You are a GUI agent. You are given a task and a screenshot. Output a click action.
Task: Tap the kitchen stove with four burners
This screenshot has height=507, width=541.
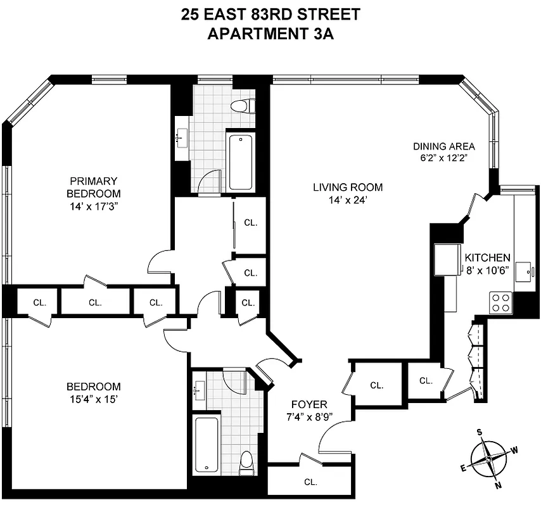pyautogui.click(x=501, y=302)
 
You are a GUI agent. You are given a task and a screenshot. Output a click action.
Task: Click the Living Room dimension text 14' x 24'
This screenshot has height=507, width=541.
pyautogui.click(x=348, y=200)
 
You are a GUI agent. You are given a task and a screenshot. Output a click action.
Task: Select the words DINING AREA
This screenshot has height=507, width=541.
pyautogui.click(x=443, y=146)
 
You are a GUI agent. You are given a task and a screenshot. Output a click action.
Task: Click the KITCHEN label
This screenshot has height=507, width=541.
pyautogui.click(x=487, y=258)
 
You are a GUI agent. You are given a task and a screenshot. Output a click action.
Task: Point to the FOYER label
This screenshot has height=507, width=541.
pyautogui.click(x=309, y=404)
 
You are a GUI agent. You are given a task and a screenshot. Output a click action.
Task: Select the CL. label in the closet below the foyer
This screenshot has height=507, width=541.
pyautogui.click(x=310, y=482)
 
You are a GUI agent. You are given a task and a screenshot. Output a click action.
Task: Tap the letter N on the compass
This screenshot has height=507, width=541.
pyautogui.click(x=497, y=486)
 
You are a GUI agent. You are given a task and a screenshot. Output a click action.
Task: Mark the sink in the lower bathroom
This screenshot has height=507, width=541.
pyautogui.click(x=198, y=389)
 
